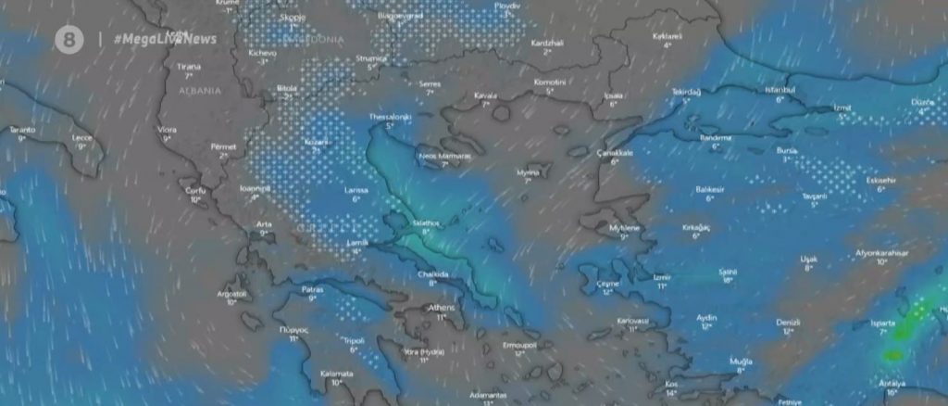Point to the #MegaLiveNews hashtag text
[x=165, y=39]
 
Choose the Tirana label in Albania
[x=188, y=67]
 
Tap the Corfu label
[x=193, y=190]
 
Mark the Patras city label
[x=312, y=289]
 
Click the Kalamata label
[x=336, y=373]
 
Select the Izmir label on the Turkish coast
[x=662, y=276]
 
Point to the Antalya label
[x=891, y=384]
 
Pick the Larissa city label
[x=355, y=190]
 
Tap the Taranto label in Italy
[x=22, y=130]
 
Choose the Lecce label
[x=82, y=137]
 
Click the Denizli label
[x=788, y=322]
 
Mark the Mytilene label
[x=624, y=227]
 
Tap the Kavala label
[x=485, y=95]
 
